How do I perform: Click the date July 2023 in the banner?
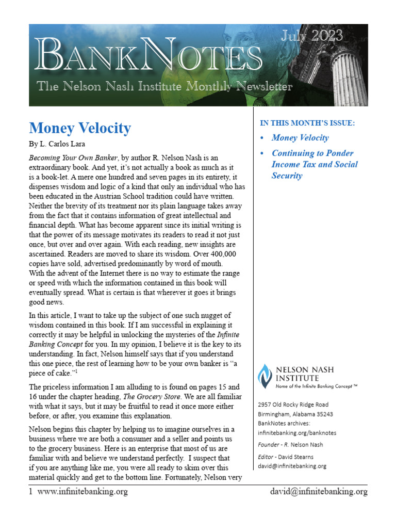click(311, 37)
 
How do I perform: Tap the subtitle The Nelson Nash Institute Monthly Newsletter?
click(164, 86)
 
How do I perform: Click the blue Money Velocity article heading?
click(80, 128)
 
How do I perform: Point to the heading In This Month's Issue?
click(307, 123)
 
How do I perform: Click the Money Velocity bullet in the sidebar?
click(300, 138)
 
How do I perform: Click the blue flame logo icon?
click(265, 376)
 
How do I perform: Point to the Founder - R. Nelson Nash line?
click(290, 445)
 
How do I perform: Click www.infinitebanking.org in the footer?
click(82, 492)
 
